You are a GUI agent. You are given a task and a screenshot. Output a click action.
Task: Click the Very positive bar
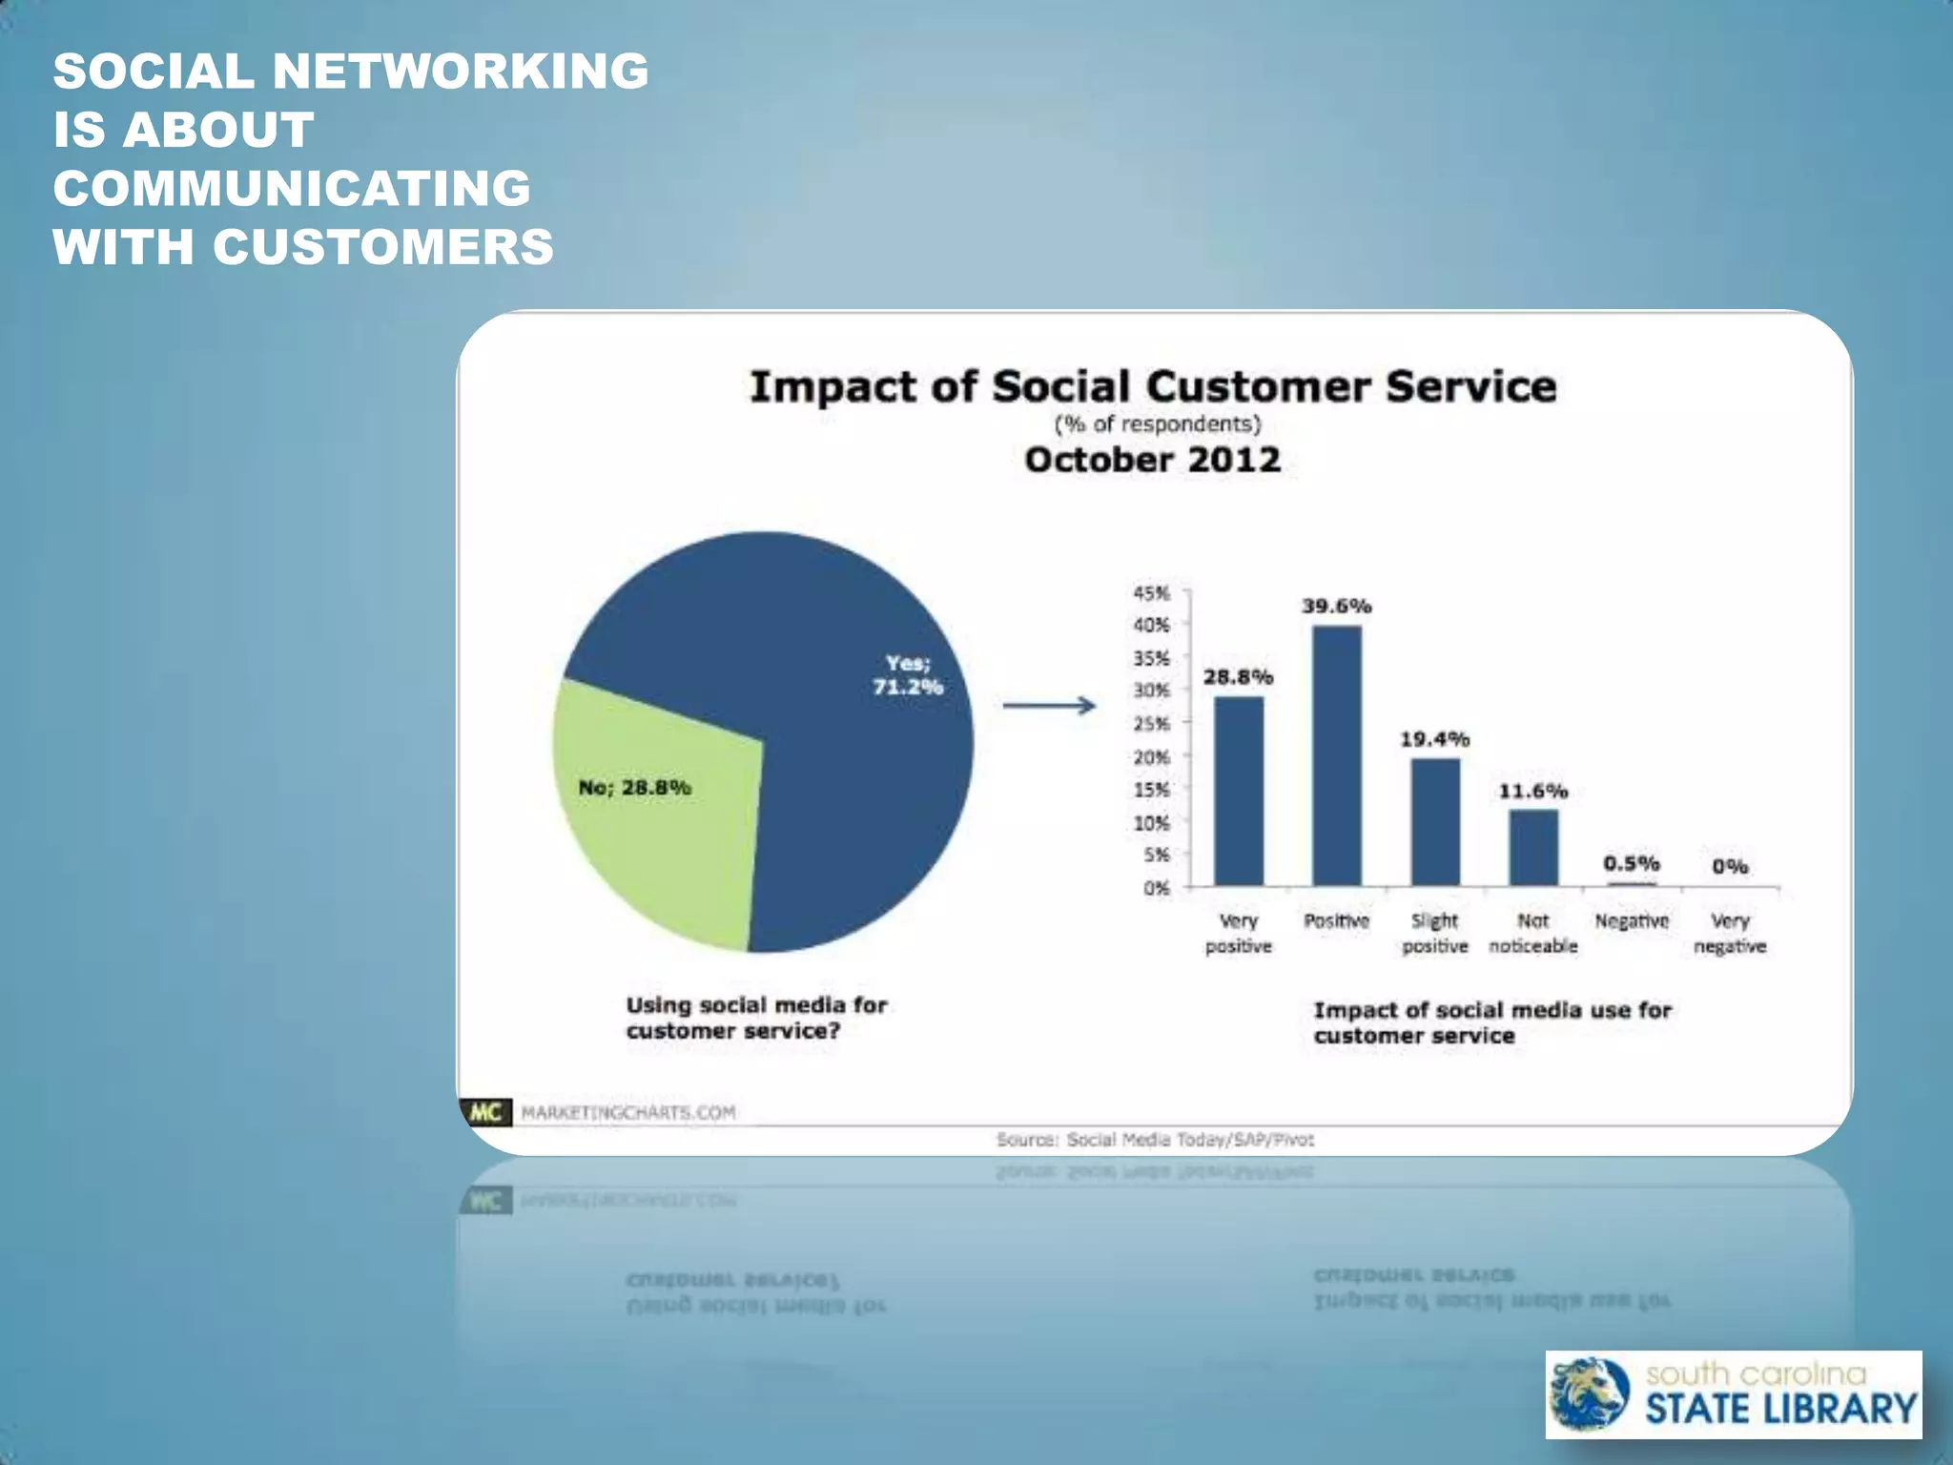click(x=1238, y=792)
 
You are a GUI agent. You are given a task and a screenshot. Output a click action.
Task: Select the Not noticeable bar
click(x=1533, y=848)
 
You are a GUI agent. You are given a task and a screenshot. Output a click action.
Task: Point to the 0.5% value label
click(x=1631, y=863)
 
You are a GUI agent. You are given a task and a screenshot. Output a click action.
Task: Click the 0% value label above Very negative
click(x=1729, y=866)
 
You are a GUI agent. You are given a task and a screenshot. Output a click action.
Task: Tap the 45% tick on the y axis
click(x=1151, y=593)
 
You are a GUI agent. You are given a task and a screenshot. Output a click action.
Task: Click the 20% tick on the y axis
click(x=1151, y=757)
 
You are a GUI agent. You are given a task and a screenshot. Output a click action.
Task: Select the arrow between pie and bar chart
click(x=1049, y=706)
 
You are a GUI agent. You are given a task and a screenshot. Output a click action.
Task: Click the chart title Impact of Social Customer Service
click(x=1152, y=387)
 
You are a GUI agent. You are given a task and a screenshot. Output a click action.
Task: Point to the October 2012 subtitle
click(x=1152, y=460)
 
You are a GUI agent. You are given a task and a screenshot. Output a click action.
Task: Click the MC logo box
click(x=486, y=1112)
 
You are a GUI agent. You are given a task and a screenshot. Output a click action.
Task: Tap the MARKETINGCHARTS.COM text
click(x=627, y=1113)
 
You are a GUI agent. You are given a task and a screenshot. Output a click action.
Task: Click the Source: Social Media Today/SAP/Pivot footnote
click(x=1155, y=1140)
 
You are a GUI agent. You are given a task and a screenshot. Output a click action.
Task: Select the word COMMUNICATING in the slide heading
click(x=292, y=188)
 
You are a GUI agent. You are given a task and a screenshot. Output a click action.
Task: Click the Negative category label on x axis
click(x=1632, y=921)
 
